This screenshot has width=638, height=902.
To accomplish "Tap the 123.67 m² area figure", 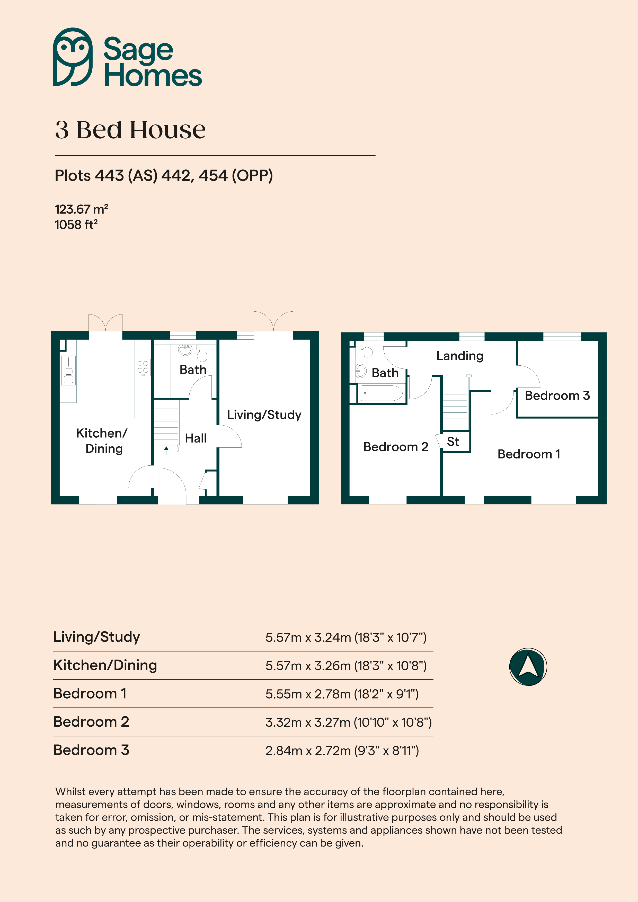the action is click(x=81, y=209).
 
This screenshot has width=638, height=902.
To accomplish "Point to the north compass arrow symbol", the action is click(x=528, y=667).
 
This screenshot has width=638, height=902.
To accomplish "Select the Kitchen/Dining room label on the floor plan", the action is click(x=102, y=441).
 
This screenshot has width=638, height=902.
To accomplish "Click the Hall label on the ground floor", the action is click(x=196, y=438).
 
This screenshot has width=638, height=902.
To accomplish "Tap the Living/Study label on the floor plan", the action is click(x=264, y=415).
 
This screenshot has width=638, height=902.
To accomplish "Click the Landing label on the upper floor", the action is click(x=460, y=356).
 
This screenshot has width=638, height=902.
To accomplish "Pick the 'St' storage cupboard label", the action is click(x=453, y=441).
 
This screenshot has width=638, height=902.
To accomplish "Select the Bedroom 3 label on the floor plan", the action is click(x=557, y=396).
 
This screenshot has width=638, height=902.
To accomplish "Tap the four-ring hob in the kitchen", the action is click(x=143, y=367).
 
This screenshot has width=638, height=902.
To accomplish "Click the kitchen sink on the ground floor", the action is click(x=68, y=371).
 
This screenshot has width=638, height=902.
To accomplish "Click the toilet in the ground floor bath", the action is click(x=202, y=353).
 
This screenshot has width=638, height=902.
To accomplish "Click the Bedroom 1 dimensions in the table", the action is click(x=342, y=694).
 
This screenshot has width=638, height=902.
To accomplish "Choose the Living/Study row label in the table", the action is click(x=97, y=637).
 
